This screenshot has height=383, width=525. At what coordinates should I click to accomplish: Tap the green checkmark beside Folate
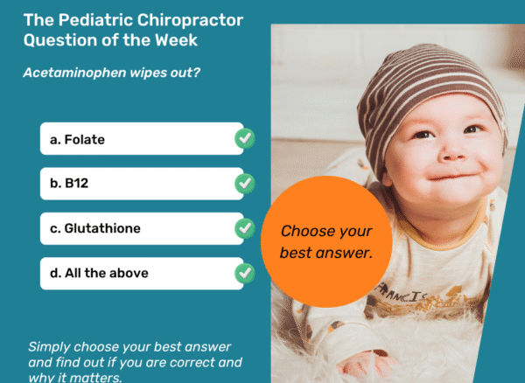[x=245, y=138]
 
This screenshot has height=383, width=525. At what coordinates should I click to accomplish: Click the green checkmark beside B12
[x=245, y=184]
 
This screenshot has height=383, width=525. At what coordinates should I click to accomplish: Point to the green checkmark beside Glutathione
[x=245, y=229]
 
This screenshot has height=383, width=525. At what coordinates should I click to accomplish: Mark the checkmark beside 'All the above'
[x=245, y=274]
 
